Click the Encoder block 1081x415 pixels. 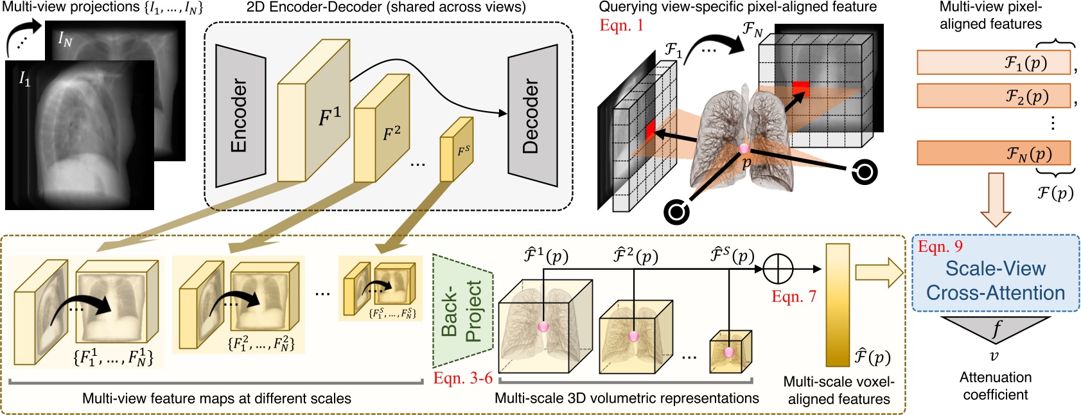[x=240, y=116]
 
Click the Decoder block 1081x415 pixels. [x=532, y=116]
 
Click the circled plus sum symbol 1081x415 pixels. [x=778, y=269]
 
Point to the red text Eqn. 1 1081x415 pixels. [x=621, y=25]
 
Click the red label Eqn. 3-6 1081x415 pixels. [x=462, y=378]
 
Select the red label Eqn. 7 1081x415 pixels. [x=794, y=296]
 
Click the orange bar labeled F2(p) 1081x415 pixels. [x=993, y=96]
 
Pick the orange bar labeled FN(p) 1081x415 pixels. [x=993, y=153]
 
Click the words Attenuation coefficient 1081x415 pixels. [x=996, y=385]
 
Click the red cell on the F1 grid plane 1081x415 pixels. [x=651, y=130]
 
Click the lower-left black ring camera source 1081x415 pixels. [x=676, y=211]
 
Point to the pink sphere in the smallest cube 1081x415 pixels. [x=728, y=352]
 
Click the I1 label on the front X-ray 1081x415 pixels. [x=24, y=79]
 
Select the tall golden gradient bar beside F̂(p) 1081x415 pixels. [x=838, y=305]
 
